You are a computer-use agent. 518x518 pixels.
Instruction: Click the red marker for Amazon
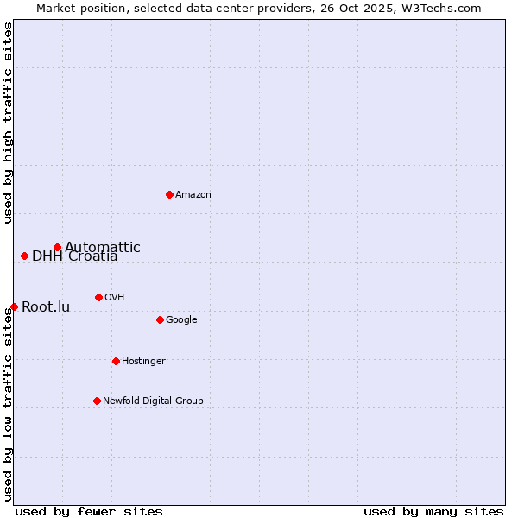(169, 194)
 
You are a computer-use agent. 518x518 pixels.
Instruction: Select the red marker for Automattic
(57, 247)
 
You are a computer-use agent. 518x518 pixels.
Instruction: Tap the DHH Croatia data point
(24, 256)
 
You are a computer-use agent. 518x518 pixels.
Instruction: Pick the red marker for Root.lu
(14, 306)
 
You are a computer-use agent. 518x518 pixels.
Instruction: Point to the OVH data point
(98, 297)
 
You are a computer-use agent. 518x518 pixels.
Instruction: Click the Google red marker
(160, 319)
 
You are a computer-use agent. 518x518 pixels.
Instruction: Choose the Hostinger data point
(116, 361)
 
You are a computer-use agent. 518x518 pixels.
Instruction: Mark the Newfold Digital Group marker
(97, 401)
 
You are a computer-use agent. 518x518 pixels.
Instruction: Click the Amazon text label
(193, 194)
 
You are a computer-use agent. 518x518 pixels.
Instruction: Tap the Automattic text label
(103, 247)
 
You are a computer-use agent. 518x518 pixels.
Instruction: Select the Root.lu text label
(46, 306)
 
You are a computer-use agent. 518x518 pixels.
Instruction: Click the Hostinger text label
(143, 361)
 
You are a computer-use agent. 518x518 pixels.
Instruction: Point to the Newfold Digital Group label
(153, 401)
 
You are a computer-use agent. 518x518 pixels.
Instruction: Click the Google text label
(181, 319)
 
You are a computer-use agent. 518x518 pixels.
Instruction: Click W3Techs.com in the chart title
(441, 8)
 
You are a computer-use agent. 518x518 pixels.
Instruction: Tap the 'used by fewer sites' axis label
(89, 511)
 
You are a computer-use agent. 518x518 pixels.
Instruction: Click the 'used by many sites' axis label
(433, 511)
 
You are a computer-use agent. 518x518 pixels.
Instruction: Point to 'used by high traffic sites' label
(8, 123)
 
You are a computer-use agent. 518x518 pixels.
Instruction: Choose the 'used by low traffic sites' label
(8, 404)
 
